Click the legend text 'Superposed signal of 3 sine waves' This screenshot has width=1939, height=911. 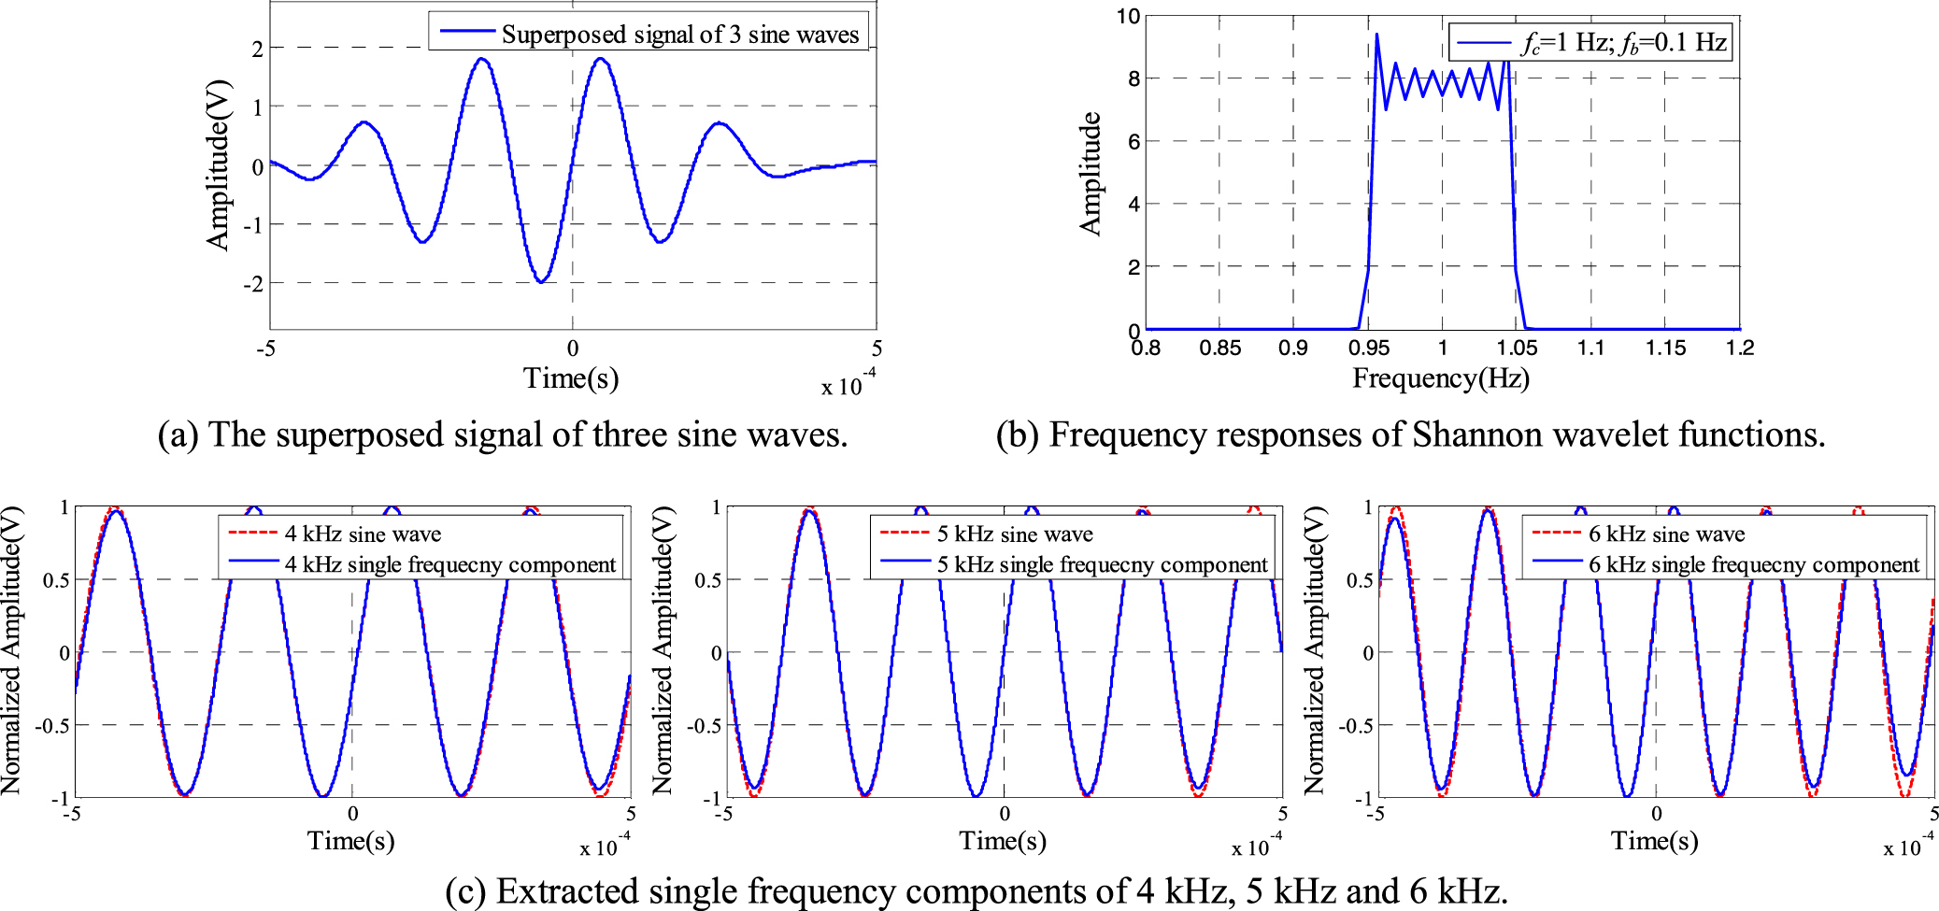pyautogui.click(x=679, y=35)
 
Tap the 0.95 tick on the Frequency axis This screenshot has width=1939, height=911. pyautogui.click(x=1368, y=349)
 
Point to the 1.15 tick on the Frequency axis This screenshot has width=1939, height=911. pyautogui.click(x=1665, y=349)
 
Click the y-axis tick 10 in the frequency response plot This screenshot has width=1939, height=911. pyautogui.click(x=1128, y=16)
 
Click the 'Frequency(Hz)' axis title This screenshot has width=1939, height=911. pyautogui.click(x=1440, y=378)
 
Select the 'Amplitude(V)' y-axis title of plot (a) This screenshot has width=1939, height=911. pyautogui.click(x=218, y=165)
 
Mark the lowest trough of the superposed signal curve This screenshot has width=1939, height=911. pyautogui.click(x=541, y=281)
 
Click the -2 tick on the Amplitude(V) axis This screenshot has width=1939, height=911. pyautogui.click(x=253, y=283)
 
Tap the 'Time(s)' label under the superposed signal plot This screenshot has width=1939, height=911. pyautogui.click(x=570, y=378)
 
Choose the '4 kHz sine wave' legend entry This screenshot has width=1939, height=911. pyautogui.click(x=362, y=534)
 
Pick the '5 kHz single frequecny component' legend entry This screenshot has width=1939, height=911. pyautogui.click(x=1102, y=564)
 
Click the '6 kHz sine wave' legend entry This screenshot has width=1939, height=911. pyautogui.click(x=1666, y=534)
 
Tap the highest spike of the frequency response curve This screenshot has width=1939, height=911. pyautogui.click(x=1376, y=36)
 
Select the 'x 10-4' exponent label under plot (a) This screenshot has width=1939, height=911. pyautogui.click(x=848, y=384)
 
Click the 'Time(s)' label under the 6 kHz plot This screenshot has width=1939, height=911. pyautogui.click(x=1654, y=841)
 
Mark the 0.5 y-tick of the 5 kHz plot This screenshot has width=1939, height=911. pyautogui.click(x=706, y=580)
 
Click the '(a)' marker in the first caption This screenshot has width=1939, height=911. pyautogui.click(x=178, y=435)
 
